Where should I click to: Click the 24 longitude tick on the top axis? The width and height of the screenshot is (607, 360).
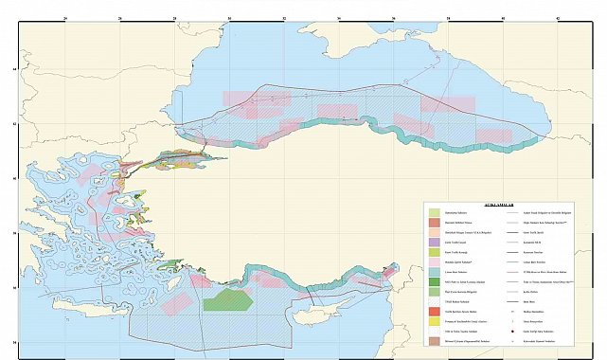64,17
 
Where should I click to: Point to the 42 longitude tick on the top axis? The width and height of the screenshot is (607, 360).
559,17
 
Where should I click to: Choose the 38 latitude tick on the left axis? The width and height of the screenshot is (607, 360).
13,233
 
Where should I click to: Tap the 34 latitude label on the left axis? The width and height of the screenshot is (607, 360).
13,342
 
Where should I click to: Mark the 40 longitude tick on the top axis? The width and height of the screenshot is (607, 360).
504,17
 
